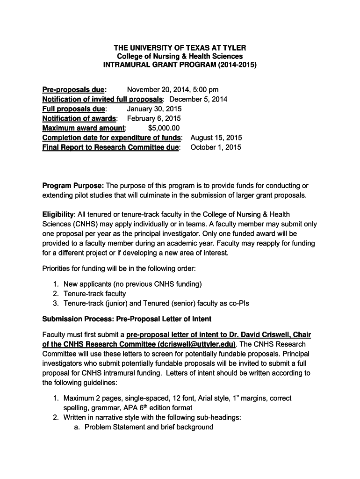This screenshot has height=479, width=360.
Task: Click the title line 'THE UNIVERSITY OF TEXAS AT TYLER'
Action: [x=180, y=48]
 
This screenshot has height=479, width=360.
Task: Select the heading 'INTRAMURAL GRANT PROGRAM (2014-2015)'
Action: [x=180, y=65]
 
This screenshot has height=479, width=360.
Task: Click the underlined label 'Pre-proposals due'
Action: [x=74, y=89]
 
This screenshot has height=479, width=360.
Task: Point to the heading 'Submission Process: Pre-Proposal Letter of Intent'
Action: [x=127, y=319]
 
